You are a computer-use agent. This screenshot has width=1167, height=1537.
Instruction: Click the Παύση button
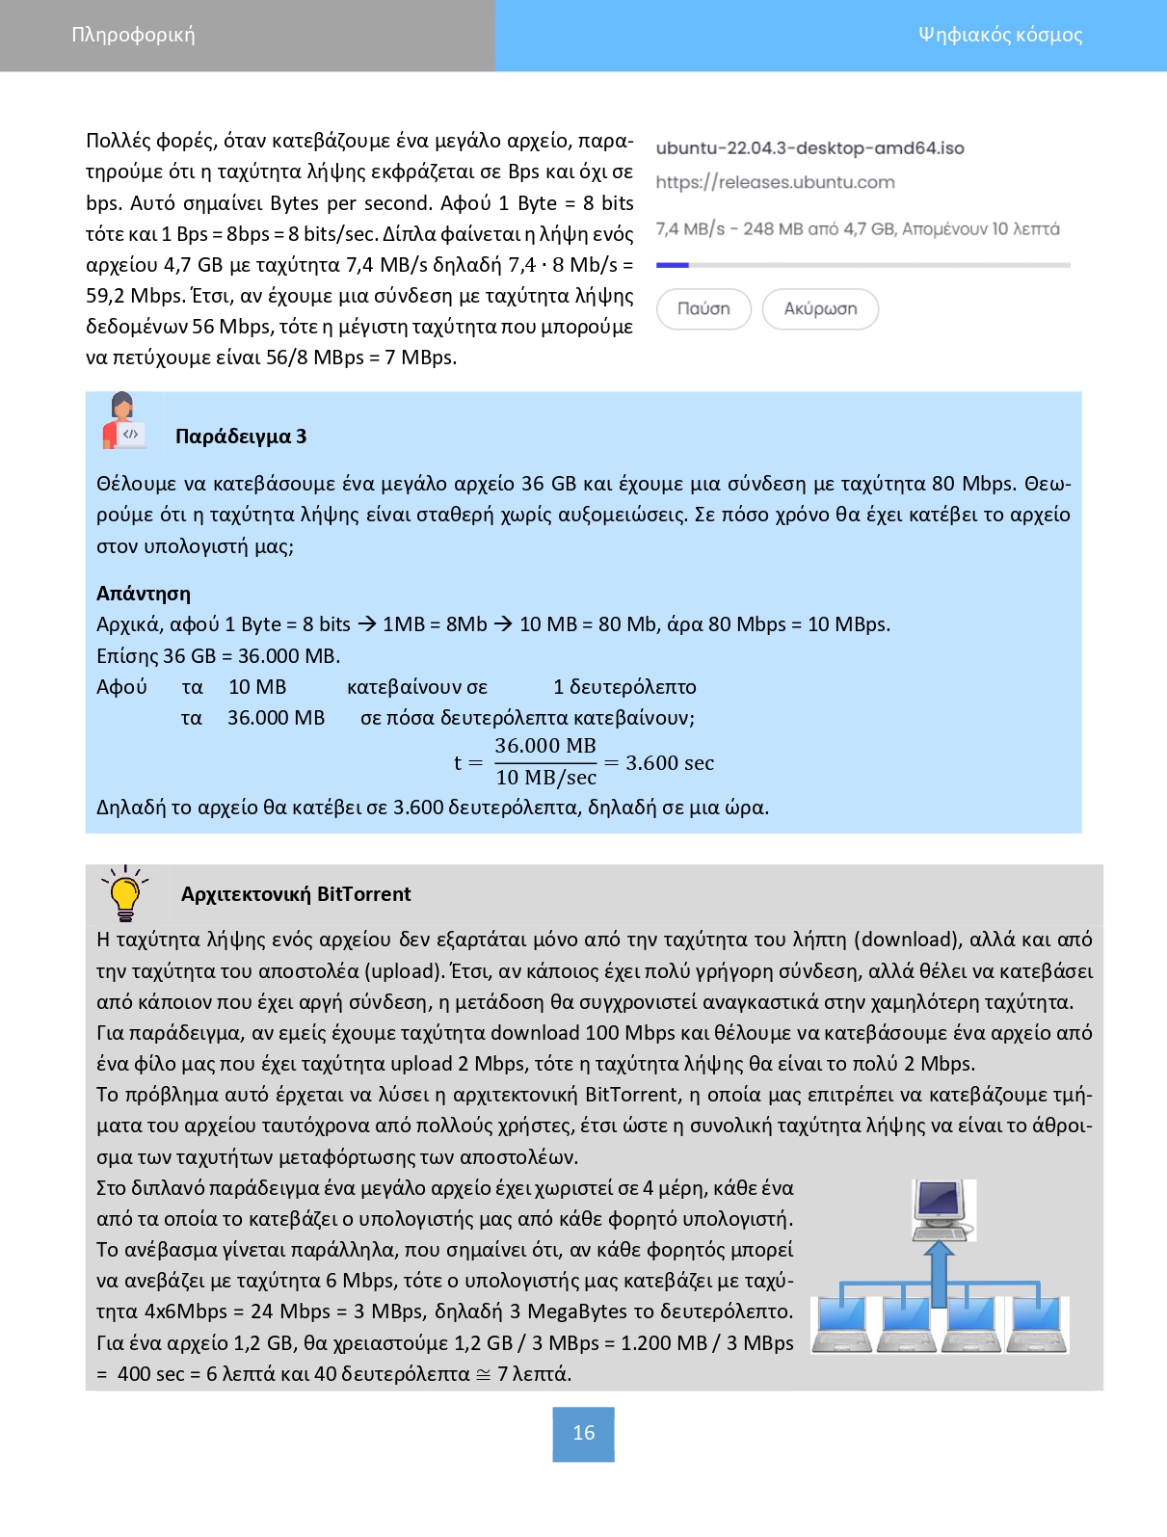703,309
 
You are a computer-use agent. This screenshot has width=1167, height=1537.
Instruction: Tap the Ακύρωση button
820,309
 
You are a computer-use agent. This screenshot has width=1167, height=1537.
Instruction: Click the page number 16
583,1434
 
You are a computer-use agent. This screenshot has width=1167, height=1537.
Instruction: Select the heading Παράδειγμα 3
241,437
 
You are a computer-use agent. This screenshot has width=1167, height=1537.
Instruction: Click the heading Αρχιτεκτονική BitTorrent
296,894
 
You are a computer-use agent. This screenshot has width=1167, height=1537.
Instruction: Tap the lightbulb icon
125,893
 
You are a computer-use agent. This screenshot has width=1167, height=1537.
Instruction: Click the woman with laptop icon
123,421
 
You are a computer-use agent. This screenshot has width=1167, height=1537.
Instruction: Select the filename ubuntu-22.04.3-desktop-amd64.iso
809,148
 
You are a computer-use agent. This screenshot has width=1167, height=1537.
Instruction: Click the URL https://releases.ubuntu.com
775,182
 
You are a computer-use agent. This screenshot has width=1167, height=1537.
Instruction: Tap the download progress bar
862,265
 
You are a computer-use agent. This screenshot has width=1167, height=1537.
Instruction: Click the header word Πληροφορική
133,36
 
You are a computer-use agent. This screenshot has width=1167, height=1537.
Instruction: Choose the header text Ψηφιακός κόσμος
1000,36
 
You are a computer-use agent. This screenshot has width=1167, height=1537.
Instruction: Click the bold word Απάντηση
144,594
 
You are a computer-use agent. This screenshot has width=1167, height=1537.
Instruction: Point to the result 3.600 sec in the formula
670,763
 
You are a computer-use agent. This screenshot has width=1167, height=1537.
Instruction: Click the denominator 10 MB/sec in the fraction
546,778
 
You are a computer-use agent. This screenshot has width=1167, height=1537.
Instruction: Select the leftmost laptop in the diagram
842,1325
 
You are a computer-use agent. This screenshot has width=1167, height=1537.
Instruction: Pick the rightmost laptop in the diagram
1037,1325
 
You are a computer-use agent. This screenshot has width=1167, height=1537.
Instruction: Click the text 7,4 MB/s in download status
690,229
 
